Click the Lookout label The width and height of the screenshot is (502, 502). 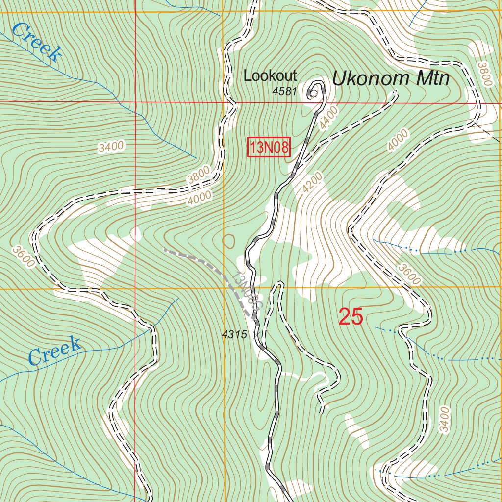[270, 76]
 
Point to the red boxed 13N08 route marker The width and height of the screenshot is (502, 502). [269, 148]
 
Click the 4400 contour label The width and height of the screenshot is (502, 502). [328, 118]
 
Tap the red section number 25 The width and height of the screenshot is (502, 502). [351, 318]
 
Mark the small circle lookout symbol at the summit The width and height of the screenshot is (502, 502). [313, 92]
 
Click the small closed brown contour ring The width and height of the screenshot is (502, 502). [228, 240]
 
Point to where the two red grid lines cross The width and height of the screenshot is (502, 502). [135, 102]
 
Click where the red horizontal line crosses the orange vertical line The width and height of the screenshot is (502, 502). [224, 102]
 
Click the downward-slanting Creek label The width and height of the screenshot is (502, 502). [37, 42]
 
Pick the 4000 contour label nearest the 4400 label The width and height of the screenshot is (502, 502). [397, 141]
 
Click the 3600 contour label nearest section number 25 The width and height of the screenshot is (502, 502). [409, 275]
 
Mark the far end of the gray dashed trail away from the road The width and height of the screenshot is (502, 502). [164, 250]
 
